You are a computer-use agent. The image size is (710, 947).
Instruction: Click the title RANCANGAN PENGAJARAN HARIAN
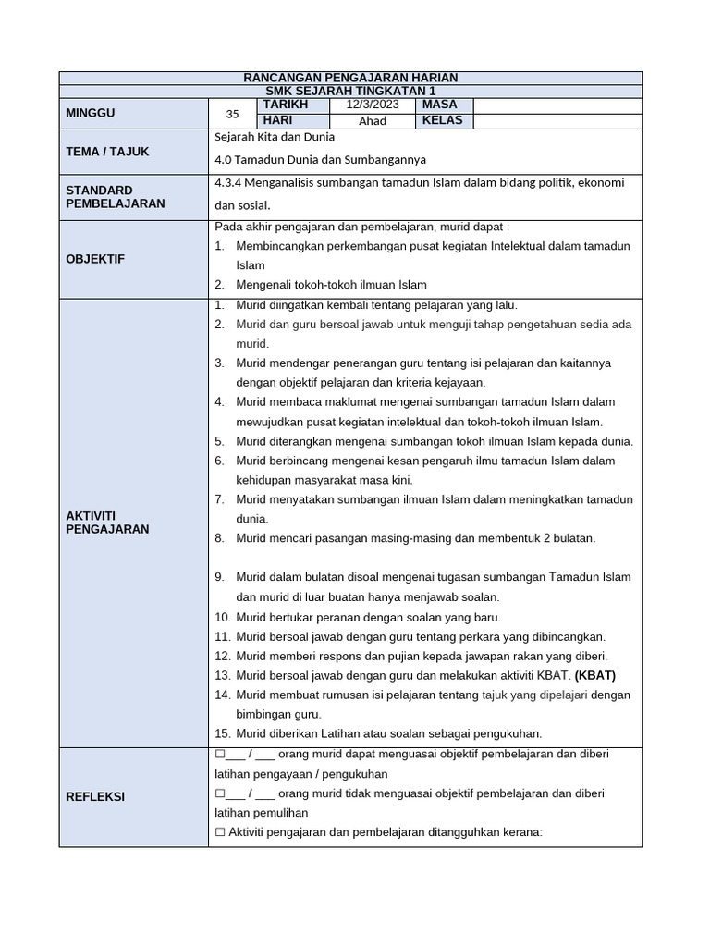point(350,78)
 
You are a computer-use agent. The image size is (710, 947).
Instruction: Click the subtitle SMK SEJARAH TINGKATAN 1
point(350,92)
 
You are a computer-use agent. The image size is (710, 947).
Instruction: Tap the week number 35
point(232,114)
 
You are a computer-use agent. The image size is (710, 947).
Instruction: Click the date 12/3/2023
point(373,105)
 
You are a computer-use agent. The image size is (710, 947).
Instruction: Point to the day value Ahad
point(373,121)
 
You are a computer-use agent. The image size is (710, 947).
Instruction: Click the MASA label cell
point(440,105)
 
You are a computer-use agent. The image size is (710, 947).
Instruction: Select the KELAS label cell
point(443,121)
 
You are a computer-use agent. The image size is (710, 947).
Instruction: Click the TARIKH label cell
point(285,105)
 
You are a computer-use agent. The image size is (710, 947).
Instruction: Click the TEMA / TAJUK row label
point(107,151)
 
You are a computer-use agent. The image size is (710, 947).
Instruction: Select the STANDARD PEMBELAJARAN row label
point(116,196)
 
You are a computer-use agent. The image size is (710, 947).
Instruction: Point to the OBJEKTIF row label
point(94,259)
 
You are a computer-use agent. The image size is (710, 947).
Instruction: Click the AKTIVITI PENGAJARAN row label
point(107,522)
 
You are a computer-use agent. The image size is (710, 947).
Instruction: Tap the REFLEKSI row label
point(95,796)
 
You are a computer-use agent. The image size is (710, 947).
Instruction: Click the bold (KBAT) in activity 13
point(596,675)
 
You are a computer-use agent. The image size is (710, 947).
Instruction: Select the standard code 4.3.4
point(229,183)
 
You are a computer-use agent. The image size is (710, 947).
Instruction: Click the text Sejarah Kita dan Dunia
point(274,137)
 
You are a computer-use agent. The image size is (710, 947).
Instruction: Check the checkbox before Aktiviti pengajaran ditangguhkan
point(220,832)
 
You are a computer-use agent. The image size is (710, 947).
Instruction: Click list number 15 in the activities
point(222,733)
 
